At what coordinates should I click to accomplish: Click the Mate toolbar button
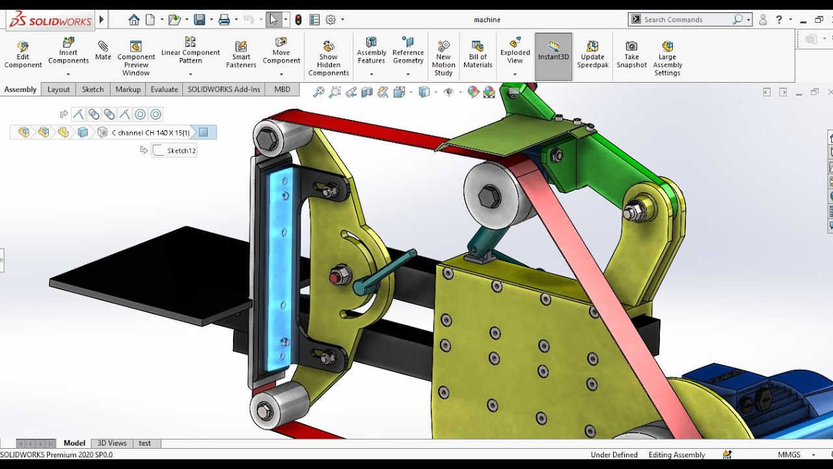[103, 51]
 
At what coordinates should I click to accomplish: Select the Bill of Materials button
[478, 54]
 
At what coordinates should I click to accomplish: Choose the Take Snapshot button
[631, 54]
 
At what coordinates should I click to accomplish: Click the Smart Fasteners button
[241, 54]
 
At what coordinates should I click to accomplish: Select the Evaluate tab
[164, 89]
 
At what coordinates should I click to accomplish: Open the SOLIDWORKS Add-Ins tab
[224, 89]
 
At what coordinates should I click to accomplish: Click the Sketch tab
[92, 89]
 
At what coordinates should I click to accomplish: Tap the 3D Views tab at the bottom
[112, 443]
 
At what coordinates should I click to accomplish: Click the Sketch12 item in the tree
[181, 150]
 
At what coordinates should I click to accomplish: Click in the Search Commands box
[687, 20]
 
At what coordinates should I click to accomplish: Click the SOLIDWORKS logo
[51, 20]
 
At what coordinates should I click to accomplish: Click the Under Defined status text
[613, 455]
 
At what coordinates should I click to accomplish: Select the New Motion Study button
[443, 57]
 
